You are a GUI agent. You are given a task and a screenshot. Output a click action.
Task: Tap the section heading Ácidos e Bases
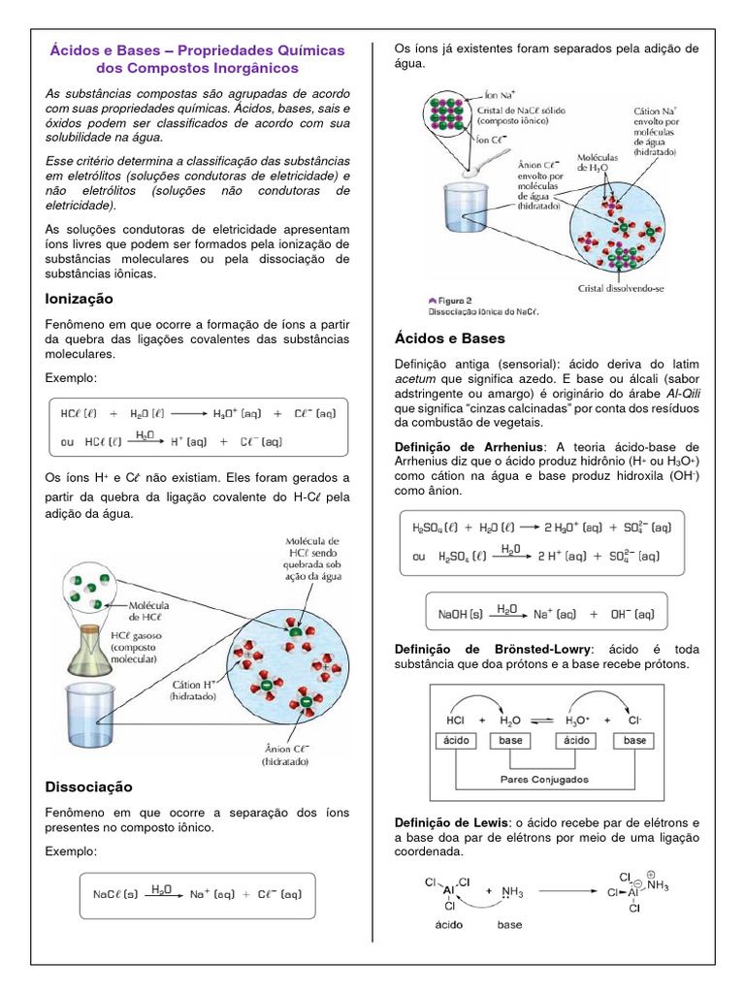point(450,338)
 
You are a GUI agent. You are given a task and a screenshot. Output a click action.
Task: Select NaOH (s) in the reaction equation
point(461,614)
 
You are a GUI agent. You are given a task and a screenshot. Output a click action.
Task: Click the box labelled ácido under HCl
point(456,740)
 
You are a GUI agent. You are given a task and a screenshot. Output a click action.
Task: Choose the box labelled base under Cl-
point(635,740)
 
